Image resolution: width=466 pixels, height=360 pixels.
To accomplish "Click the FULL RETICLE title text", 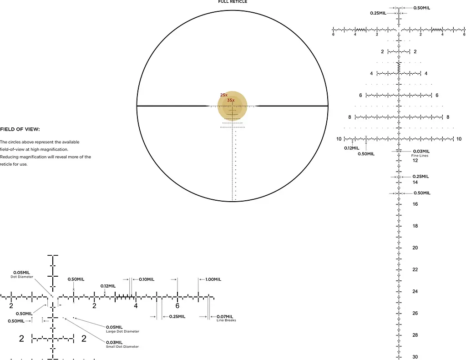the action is click(x=233, y=1).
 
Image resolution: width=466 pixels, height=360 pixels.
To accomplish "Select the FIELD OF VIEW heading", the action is click(x=20, y=129).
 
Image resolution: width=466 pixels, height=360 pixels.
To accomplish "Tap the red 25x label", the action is click(x=224, y=95).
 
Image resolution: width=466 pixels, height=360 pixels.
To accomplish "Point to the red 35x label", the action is click(x=231, y=100).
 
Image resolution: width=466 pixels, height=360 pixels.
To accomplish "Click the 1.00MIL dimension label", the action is click(x=213, y=279).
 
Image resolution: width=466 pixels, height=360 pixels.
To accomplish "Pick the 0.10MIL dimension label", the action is click(x=147, y=279).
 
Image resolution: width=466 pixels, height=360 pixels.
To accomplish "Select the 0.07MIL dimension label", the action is click(x=225, y=317).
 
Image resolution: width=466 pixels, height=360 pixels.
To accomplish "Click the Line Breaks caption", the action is click(x=226, y=320).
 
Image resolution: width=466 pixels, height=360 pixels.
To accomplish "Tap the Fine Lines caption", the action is click(x=420, y=156).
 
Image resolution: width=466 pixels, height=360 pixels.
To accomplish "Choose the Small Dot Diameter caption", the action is click(x=122, y=347).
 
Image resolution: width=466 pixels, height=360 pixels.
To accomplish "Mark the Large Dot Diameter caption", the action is click(x=122, y=331).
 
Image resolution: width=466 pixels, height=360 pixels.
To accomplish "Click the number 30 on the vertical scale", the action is click(x=415, y=357).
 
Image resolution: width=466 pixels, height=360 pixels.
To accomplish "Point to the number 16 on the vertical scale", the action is click(x=415, y=204).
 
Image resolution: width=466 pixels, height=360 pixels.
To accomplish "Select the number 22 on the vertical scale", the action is click(x=415, y=269).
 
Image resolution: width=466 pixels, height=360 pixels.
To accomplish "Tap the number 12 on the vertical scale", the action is click(x=415, y=161).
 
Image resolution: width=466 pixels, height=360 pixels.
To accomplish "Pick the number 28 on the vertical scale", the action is click(x=415, y=335).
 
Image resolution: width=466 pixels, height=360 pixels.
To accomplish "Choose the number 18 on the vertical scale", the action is click(x=415, y=226).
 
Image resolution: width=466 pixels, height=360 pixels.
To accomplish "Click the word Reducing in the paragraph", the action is click(x=9, y=157).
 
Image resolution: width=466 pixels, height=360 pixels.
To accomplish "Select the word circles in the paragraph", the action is click(x=15, y=142).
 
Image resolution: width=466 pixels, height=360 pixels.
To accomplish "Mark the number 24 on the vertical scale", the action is click(x=415, y=291).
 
